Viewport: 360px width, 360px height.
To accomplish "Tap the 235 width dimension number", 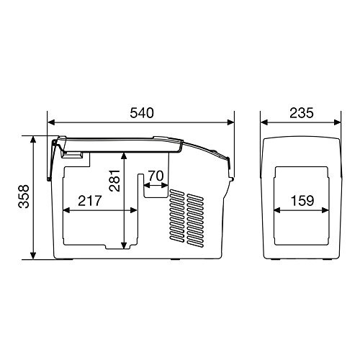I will pos(302,114).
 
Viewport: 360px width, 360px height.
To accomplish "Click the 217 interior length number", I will pos(90,201).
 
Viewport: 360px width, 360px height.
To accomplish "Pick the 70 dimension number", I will pos(156,174).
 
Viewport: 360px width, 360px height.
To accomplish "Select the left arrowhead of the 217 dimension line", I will pos(66,210).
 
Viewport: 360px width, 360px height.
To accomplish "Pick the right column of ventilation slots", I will pos(194,216).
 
